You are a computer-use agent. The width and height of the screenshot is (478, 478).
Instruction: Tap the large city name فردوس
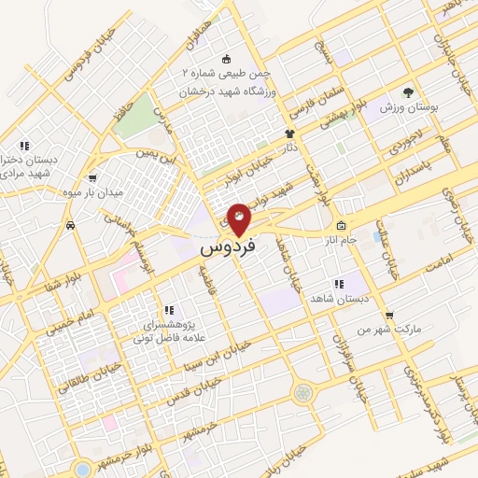coord(227,251)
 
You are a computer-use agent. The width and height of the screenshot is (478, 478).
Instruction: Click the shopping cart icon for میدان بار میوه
coord(91,178)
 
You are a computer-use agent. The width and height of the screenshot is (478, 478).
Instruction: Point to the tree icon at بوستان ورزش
coord(407,91)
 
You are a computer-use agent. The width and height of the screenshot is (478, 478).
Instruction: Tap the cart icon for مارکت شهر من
coord(389,315)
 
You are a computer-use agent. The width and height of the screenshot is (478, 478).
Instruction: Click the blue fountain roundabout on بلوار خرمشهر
coord(82,469)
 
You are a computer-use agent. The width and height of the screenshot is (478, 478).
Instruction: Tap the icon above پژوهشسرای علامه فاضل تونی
coord(168,309)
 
